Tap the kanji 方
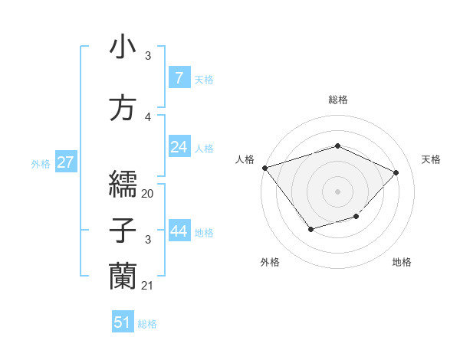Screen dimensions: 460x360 tap(123, 109)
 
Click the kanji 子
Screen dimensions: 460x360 tap(123, 231)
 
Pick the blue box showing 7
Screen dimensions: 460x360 tap(179, 77)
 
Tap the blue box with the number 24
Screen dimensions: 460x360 tap(179, 147)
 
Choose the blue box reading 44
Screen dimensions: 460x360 tap(179, 231)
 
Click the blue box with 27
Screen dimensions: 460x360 tap(65, 162)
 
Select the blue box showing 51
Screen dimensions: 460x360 tap(123, 322)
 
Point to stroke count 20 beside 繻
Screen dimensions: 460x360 tap(148, 193)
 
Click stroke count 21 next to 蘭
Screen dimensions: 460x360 tap(148, 286)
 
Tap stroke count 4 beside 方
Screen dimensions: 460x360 tap(148, 117)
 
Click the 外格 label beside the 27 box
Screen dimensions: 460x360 tap(41, 163)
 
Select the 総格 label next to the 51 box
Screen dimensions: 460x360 tap(147, 324)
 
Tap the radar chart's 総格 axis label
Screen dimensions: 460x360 tap(337, 100)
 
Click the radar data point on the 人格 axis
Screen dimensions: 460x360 tap(264, 168)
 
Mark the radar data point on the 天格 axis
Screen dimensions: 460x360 tap(396, 172)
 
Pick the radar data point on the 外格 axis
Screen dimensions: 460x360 tap(310, 228)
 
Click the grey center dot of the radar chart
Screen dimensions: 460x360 tap(337, 191)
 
